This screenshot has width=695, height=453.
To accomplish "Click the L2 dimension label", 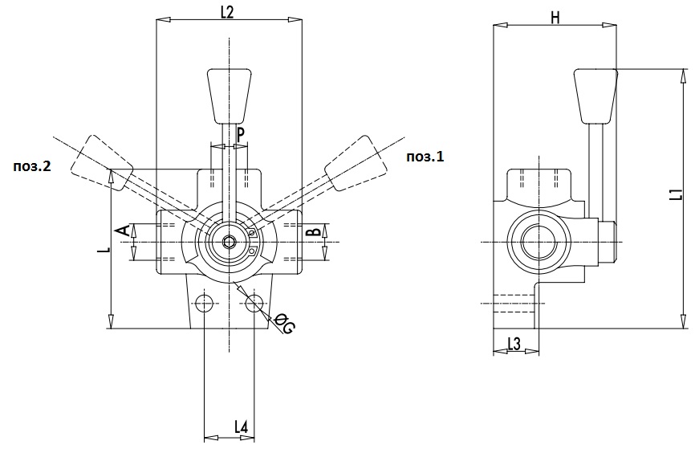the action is [227, 12].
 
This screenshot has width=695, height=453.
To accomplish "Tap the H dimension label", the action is [555, 18].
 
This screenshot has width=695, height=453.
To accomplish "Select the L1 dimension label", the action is [676, 194].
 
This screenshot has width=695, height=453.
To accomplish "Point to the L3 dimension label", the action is [514, 344].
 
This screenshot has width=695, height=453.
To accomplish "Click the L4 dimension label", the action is [241, 426].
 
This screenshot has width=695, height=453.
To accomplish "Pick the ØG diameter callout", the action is [283, 323].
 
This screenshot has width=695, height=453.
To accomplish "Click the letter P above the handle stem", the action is [240, 134].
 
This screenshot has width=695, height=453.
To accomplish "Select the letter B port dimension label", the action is [315, 231].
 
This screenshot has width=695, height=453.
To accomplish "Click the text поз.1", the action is [425, 156].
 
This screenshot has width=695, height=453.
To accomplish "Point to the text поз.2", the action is [32, 166].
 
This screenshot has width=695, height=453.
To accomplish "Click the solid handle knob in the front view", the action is [230, 96].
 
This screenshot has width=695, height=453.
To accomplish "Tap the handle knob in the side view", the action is [595, 96].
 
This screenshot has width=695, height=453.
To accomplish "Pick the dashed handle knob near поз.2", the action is [101, 163].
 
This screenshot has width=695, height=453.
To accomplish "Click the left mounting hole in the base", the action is [204, 303].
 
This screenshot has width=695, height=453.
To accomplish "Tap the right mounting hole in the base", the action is [254, 303].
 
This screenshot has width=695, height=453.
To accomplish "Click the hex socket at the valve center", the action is [230, 243].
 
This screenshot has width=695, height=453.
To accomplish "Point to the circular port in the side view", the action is [539, 243].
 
